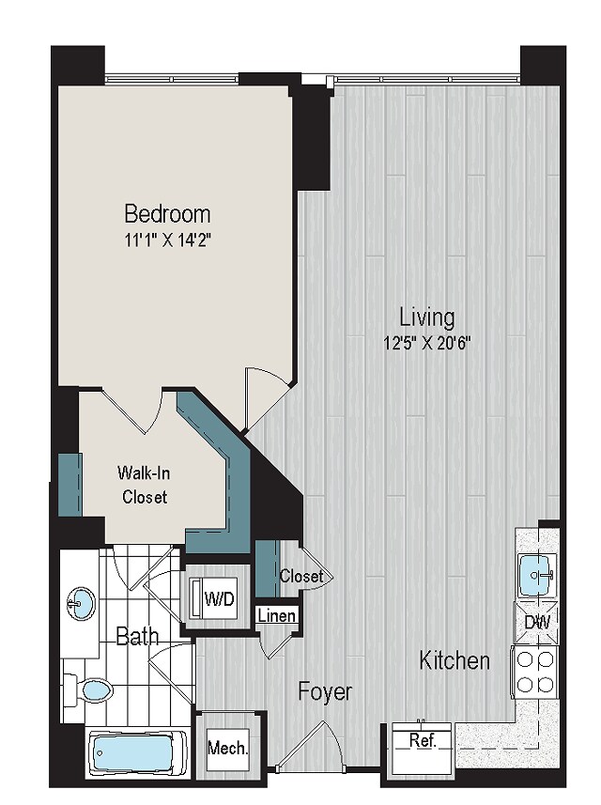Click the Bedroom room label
167,213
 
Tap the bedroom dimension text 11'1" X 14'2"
168,240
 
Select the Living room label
427,317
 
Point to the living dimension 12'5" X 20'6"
427,343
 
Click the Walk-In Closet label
145,484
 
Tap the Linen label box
277,615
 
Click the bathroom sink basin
81,603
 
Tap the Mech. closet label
228,748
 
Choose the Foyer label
326,691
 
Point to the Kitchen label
455,659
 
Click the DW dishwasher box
537,623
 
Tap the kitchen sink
537,575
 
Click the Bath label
137,637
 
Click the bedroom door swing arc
268,390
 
